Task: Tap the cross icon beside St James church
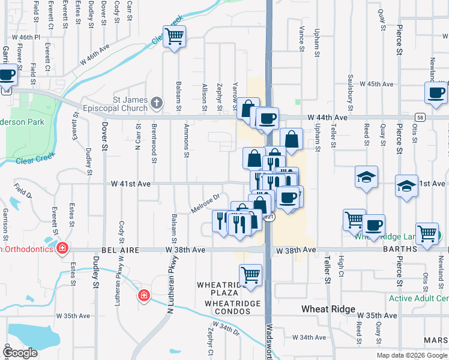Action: point(157,103)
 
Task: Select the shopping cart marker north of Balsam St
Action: point(174,37)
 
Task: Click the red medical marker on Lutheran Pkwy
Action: point(143,295)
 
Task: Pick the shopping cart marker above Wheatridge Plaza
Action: point(250,275)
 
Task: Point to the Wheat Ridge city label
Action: point(324,309)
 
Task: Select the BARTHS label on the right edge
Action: point(430,250)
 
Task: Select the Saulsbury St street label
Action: point(351,88)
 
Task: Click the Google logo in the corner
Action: point(21,353)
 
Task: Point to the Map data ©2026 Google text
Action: point(411,355)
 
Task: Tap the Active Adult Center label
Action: point(419,298)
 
